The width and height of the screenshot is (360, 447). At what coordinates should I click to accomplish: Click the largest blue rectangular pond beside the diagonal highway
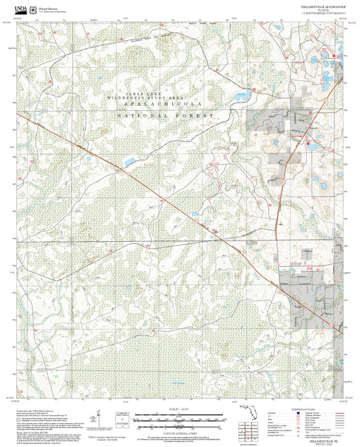[x=128, y=161]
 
